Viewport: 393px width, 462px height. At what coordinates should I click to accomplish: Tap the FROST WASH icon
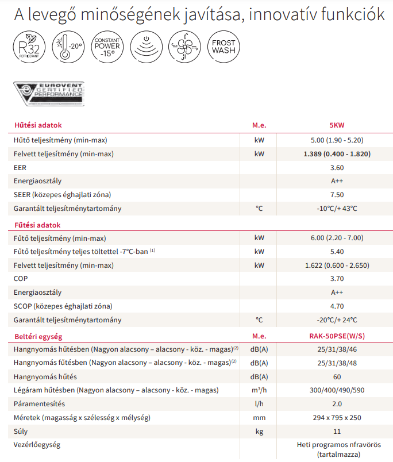click(x=224, y=47)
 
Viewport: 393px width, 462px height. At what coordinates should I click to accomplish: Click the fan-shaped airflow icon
click(x=184, y=47)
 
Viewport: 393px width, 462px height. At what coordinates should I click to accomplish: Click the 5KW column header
click(x=337, y=125)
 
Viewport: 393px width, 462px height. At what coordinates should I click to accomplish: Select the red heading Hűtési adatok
click(x=37, y=125)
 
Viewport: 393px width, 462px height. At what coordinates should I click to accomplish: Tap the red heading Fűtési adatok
click(x=37, y=225)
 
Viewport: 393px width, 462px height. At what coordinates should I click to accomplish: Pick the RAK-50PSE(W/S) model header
click(x=337, y=336)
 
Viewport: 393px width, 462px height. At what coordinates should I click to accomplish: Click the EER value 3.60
click(x=337, y=168)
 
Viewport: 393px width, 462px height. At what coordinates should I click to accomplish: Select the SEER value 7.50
click(x=337, y=195)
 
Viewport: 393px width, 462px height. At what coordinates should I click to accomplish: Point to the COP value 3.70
click(x=337, y=279)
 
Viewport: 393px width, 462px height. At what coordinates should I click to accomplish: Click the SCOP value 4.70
click(x=337, y=306)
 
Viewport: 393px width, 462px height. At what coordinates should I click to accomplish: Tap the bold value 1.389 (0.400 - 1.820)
click(x=337, y=154)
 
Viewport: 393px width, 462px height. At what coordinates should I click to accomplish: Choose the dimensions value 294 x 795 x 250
click(x=337, y=418)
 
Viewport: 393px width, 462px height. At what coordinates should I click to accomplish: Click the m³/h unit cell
click(x=260, y=390)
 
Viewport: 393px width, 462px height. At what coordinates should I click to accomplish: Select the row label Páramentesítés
click(x=40, y=404)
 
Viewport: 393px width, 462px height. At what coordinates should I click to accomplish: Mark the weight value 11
click(x=337, y=432)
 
